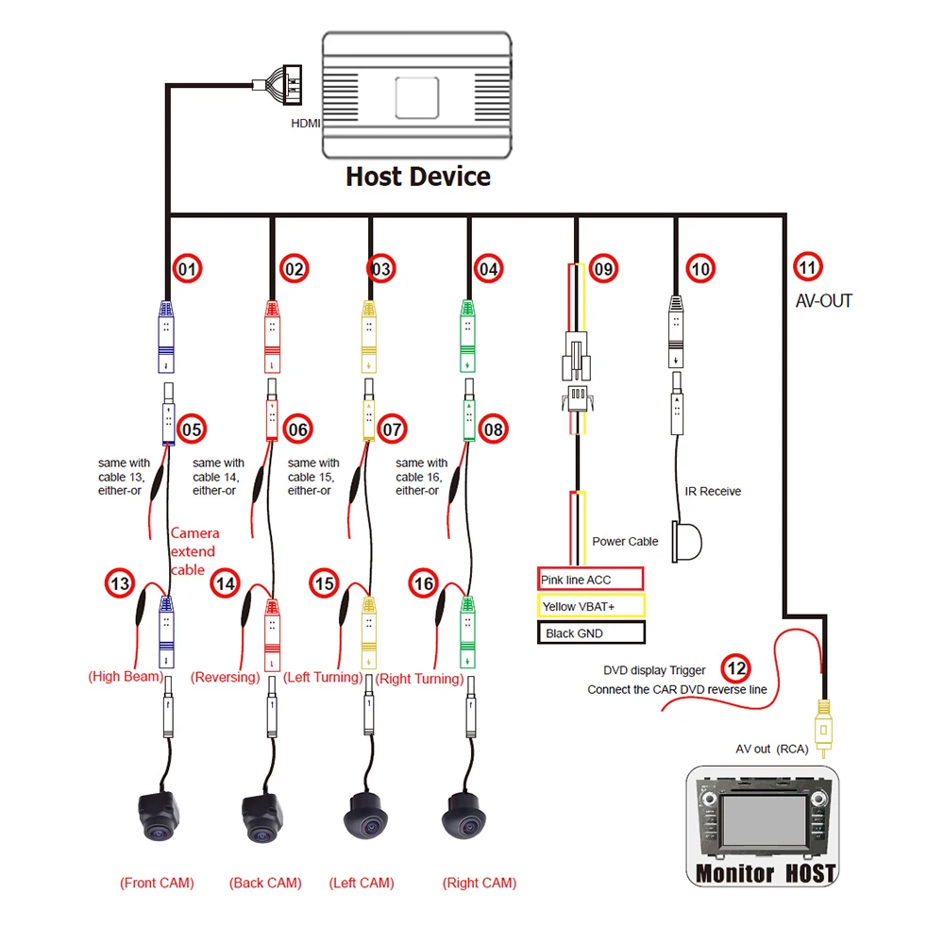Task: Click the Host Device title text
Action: (x=418, y=177)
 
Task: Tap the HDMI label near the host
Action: (x=306, y=123)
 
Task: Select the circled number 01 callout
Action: (x=188, y=270)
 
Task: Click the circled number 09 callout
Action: (x=603, y=270)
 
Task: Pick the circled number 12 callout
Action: (x=736, y=669)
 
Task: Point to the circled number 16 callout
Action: (x=424, y=584)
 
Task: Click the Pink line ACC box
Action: (x=590, y=579)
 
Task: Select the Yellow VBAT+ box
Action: (x=590, y=606)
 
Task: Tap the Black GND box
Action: (x=590, y=633)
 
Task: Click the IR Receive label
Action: (x=713, y=491)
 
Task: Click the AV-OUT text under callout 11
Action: (x=823, y=301)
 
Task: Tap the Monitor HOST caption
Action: (x=765, y=873)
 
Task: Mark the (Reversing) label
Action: (x=225, y=678)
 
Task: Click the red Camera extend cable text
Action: (x=193, y=551)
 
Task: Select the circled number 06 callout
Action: (x=298, y=430)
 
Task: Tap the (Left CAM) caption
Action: (x=362, y=884)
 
